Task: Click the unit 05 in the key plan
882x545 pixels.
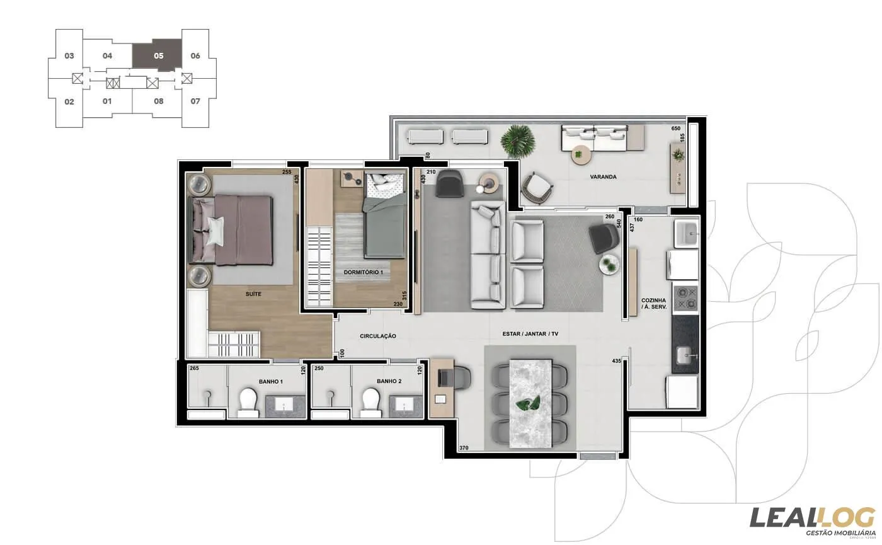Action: click(157, 56)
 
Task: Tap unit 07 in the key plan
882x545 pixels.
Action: click(195, 101)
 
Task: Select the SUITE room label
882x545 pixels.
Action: click(254, 294)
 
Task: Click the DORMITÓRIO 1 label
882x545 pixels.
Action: click(367, 272)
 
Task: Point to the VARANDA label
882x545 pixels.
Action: click(603, 177)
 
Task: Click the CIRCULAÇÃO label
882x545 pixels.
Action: click(378, 336)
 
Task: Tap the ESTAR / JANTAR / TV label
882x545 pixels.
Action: click(530, 333)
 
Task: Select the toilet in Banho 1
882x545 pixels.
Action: click(247, 402)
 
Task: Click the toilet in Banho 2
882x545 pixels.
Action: click(371, 402)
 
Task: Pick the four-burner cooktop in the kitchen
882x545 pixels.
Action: click(685, 298)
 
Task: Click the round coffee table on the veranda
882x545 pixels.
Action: click(580, 153)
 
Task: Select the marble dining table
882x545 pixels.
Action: click(530, 403)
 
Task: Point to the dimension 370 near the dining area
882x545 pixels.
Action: click(465, 448)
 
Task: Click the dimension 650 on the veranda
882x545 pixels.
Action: click(677, 129)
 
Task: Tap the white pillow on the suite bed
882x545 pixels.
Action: click(215, 230)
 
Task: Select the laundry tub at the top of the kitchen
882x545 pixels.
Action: click(686, 233)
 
